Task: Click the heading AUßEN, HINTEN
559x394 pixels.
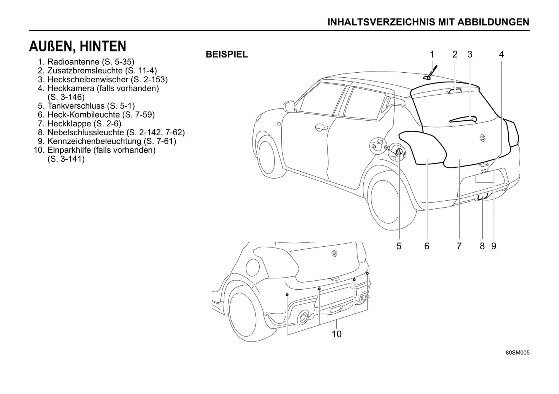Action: click(x=77, y=46)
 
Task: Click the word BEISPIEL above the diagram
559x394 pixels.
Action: click(x=227, y=55)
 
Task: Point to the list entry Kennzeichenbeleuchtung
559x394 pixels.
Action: click(x=111, y=141)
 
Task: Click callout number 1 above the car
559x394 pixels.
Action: click(x=432, y=55)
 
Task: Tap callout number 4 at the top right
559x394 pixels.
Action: click(x=501, y=55)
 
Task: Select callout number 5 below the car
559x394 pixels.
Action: click(x=399, y=246)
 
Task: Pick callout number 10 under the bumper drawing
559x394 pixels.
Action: click(x=337, y=334)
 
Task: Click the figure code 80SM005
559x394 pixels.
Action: click(x=517, y=353)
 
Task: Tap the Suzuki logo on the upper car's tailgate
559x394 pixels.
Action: click(x=482, y=138)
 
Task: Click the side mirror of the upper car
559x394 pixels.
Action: click(x=289, y=106)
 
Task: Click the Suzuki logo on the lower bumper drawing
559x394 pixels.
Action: click(x=335, y=253)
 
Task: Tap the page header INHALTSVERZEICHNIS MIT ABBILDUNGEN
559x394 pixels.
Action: click(x=428, y=22)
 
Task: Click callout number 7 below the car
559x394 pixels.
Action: click(x=459, y=246)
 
